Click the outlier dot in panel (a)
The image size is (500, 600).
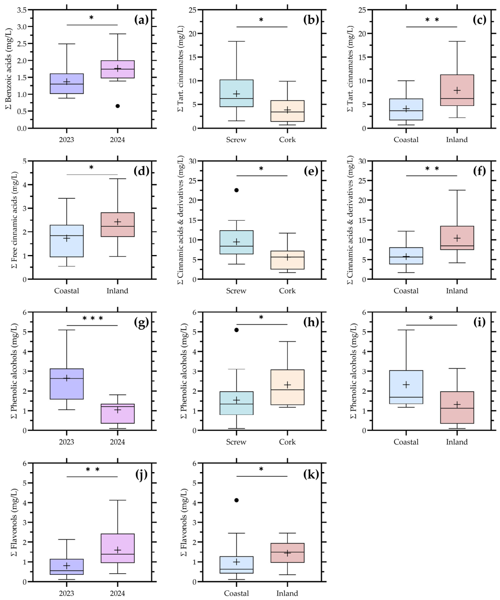coord(118,106)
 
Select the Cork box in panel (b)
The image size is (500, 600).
coord(287,111)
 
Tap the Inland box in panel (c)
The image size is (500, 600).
coord(457,90)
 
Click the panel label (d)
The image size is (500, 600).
coord(141,171)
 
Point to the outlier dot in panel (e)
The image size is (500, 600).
coord(237,190)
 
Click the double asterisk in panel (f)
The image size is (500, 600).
coord(432,169)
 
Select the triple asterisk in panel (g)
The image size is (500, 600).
coord(93,319)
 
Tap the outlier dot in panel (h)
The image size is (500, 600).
coord(237,330)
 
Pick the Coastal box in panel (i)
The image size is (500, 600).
coord(406,387)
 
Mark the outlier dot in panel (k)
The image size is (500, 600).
coord(237,500)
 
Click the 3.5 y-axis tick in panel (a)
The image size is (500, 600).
coord(22,10)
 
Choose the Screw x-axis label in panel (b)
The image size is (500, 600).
coord(236,140)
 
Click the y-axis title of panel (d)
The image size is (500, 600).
coord(14,220)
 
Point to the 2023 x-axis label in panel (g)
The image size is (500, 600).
coord(66,442)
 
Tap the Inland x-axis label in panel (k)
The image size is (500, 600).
coord(287,593)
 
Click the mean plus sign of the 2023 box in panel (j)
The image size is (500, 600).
coord(67,566)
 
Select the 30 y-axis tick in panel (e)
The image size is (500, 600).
coord(193,161)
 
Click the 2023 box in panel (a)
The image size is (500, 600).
coord(67,84)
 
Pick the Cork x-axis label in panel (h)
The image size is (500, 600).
coord(287,442)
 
